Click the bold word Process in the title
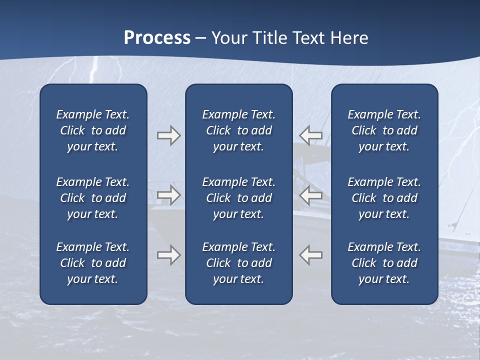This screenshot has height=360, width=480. pyautogui.click(x=157, y=38)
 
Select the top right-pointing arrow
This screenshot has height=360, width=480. pyautogui.click(x=169, y=135)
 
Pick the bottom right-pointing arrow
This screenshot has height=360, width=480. pyautogui.click(x=169, y=255)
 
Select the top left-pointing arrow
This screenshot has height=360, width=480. pyautogui.click(x=310, y=135)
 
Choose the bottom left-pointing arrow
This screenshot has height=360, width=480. pyautogui.click(x=310, y=255)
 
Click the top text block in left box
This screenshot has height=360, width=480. pyautogui.click(x=93, y=130)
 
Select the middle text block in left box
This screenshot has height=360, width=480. pyautogui.click(x=93, y=198)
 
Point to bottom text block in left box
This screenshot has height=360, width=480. pyautogui.click(x=93, y=263)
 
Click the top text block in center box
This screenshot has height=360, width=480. pyautogui.click(x=238, y=130)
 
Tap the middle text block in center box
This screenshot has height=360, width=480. pyautogui.click(x=238, y=198)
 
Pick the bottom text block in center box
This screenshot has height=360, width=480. pyautogui.click(x=238, y=263)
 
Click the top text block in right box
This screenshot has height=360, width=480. pyautogui.click(x=384, y=130)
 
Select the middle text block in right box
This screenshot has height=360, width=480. pyautogui.click(x=384, y=198)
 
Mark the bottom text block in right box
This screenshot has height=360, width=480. pyautogui.click(x=384, y=263)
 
